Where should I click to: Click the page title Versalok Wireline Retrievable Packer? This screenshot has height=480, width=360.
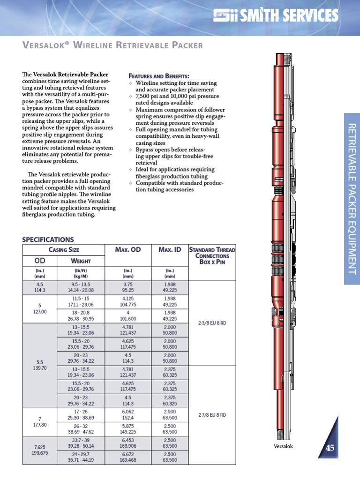tap(112, 45)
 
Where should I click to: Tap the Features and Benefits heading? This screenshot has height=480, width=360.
tap(159, 76)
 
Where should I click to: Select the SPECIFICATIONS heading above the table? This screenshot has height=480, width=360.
tap(48, 239)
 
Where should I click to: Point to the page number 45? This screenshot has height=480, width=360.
tap(330, 448)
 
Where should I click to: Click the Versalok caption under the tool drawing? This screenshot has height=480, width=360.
tap(283, 446)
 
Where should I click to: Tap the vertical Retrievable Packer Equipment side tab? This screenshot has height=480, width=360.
tap(352, 199)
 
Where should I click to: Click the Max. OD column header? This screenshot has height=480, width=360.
tap(128, 250)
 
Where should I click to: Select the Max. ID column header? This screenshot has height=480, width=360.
tap(169, 250)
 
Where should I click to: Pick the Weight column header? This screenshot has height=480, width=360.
tap(80, 261)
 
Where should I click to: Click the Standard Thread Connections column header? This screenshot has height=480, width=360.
tap(212, 255)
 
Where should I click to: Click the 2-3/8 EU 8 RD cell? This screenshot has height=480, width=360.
tap(212, 323)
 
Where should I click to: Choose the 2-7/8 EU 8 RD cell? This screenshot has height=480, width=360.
tap(212, 415)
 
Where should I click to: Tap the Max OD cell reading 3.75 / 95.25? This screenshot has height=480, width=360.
tap(128, 287)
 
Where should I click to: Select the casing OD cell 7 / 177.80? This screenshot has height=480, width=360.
tap(40, 421)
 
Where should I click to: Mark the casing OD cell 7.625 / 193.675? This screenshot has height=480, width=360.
tap(40, 450)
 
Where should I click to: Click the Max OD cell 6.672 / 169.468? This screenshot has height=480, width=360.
tap(128, 457)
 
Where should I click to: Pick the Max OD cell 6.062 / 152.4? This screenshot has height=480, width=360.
tap(128, 414)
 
